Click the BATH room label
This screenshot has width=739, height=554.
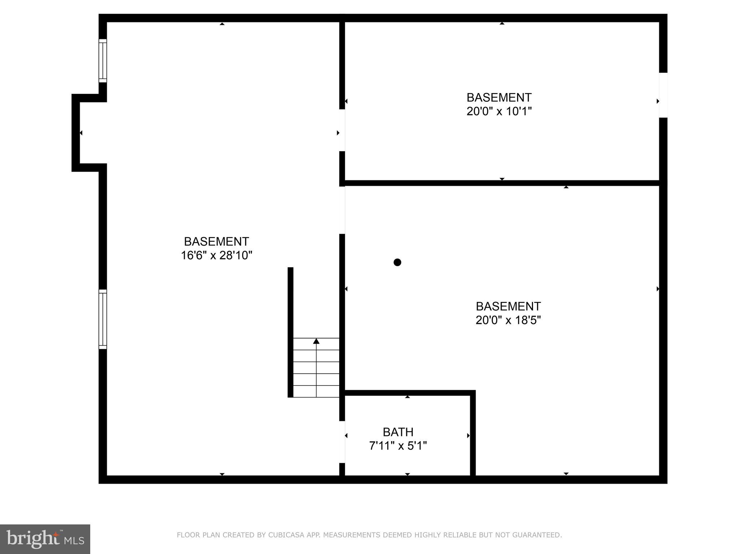398,432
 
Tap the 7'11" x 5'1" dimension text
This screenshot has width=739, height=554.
398,446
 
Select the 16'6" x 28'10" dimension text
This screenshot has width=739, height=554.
217,255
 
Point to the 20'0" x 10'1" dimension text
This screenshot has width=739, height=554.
499,111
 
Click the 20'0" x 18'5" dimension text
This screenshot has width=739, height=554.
508,320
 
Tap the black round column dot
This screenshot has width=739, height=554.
397,262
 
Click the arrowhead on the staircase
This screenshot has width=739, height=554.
316,341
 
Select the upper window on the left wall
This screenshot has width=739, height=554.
103,61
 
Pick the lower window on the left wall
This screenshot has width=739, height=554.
103,319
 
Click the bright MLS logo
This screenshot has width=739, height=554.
45,539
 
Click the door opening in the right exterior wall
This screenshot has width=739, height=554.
663,95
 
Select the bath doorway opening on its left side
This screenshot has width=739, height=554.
342,442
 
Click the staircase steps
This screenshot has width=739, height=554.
316,368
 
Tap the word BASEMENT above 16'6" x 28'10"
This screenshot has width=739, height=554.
217,241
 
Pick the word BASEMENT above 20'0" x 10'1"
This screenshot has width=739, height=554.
499,97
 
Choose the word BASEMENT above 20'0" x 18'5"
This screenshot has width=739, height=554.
508,306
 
